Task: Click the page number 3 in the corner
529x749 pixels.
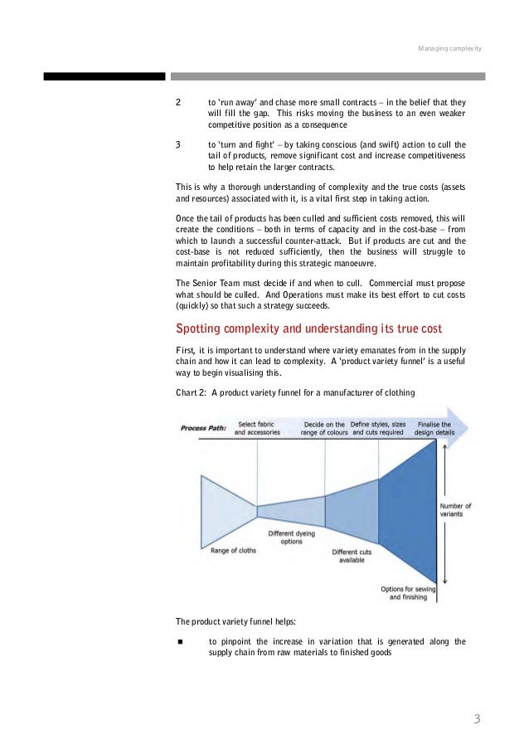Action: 476,718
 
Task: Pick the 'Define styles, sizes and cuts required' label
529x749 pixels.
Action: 377,428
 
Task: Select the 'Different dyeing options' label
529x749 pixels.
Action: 291,537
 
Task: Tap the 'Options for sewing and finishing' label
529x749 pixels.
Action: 403,592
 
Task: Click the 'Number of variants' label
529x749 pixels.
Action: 454,510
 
